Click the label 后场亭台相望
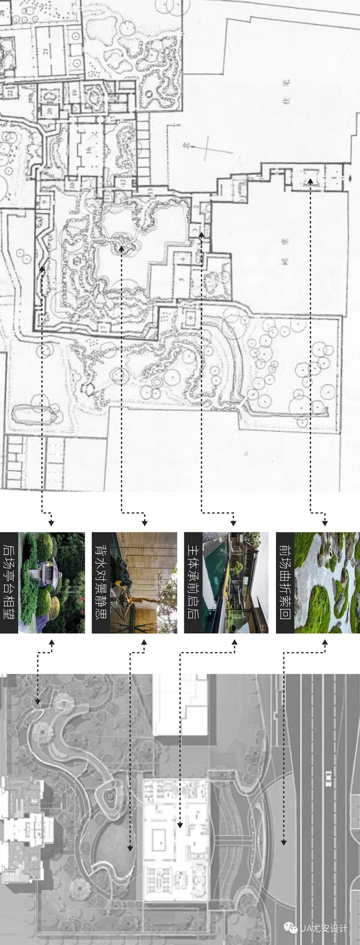click(8, 582)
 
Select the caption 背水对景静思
click(101, 582)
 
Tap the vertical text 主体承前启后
click(193, 582)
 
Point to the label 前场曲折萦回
click(285, 582)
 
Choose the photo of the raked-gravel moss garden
click(327, 582)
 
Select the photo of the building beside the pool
click(235, 582)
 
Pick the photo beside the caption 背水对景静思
click(143, 582)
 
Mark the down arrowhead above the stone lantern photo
click(51, 523)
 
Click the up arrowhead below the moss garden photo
click(325, 642)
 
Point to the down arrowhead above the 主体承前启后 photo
click(233, 523)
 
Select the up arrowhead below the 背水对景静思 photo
click(144, 642)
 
